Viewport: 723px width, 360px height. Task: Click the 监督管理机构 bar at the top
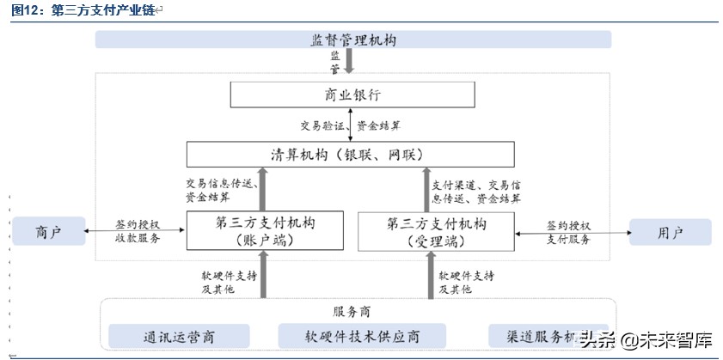[x=352, y=40]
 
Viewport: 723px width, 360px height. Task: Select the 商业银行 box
[x=352, y=95]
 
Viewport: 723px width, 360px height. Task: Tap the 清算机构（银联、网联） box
[x=351, y=154]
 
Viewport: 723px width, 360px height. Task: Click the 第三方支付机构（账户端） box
[x=264, y=231]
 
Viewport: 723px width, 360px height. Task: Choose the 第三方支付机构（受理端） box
[x=437, y=231]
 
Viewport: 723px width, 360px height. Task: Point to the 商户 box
[x=48, y=232]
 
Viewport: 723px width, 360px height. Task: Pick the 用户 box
[x=670, y=232]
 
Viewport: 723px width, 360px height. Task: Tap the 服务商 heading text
[x=351, y=311]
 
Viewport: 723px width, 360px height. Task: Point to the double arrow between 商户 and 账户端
[x=138, y=229]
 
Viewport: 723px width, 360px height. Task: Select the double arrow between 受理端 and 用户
[x=571, y=230]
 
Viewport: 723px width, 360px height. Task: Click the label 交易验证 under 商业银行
[x=322, y=125]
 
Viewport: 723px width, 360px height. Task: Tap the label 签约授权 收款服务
[x=138, y=231]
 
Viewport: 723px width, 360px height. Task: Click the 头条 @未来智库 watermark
[x=645, y=339]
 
